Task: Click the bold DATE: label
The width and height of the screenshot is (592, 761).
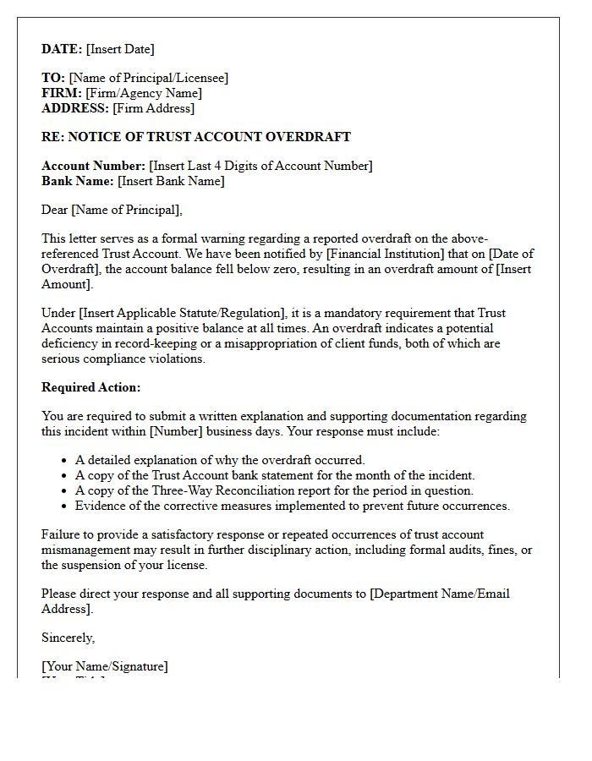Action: (x=62, y=49)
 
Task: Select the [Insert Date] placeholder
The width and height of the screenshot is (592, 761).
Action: (x=120, y=49)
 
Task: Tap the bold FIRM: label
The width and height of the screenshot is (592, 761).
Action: (x=62, y=93)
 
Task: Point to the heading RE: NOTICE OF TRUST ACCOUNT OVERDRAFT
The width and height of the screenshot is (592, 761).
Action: (x=196, y=137)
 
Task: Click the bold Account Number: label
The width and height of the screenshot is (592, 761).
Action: (x=94, y=166)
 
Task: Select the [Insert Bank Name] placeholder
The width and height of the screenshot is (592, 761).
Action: (x=171, y=181)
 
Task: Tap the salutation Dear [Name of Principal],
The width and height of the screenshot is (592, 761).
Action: (x=112, y=210)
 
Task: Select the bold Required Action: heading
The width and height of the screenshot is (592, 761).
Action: (x=91, y=387)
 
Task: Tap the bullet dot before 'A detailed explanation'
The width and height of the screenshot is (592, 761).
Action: (x=65, y=461)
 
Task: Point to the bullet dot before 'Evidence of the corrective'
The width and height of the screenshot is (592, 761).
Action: (x=65, y=506)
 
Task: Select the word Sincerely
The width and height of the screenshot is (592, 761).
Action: (x=68, y=638)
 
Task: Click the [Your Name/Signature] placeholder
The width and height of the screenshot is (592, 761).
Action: (x=105, y=666)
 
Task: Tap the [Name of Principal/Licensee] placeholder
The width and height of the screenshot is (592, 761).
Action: (x=149, y=78)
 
